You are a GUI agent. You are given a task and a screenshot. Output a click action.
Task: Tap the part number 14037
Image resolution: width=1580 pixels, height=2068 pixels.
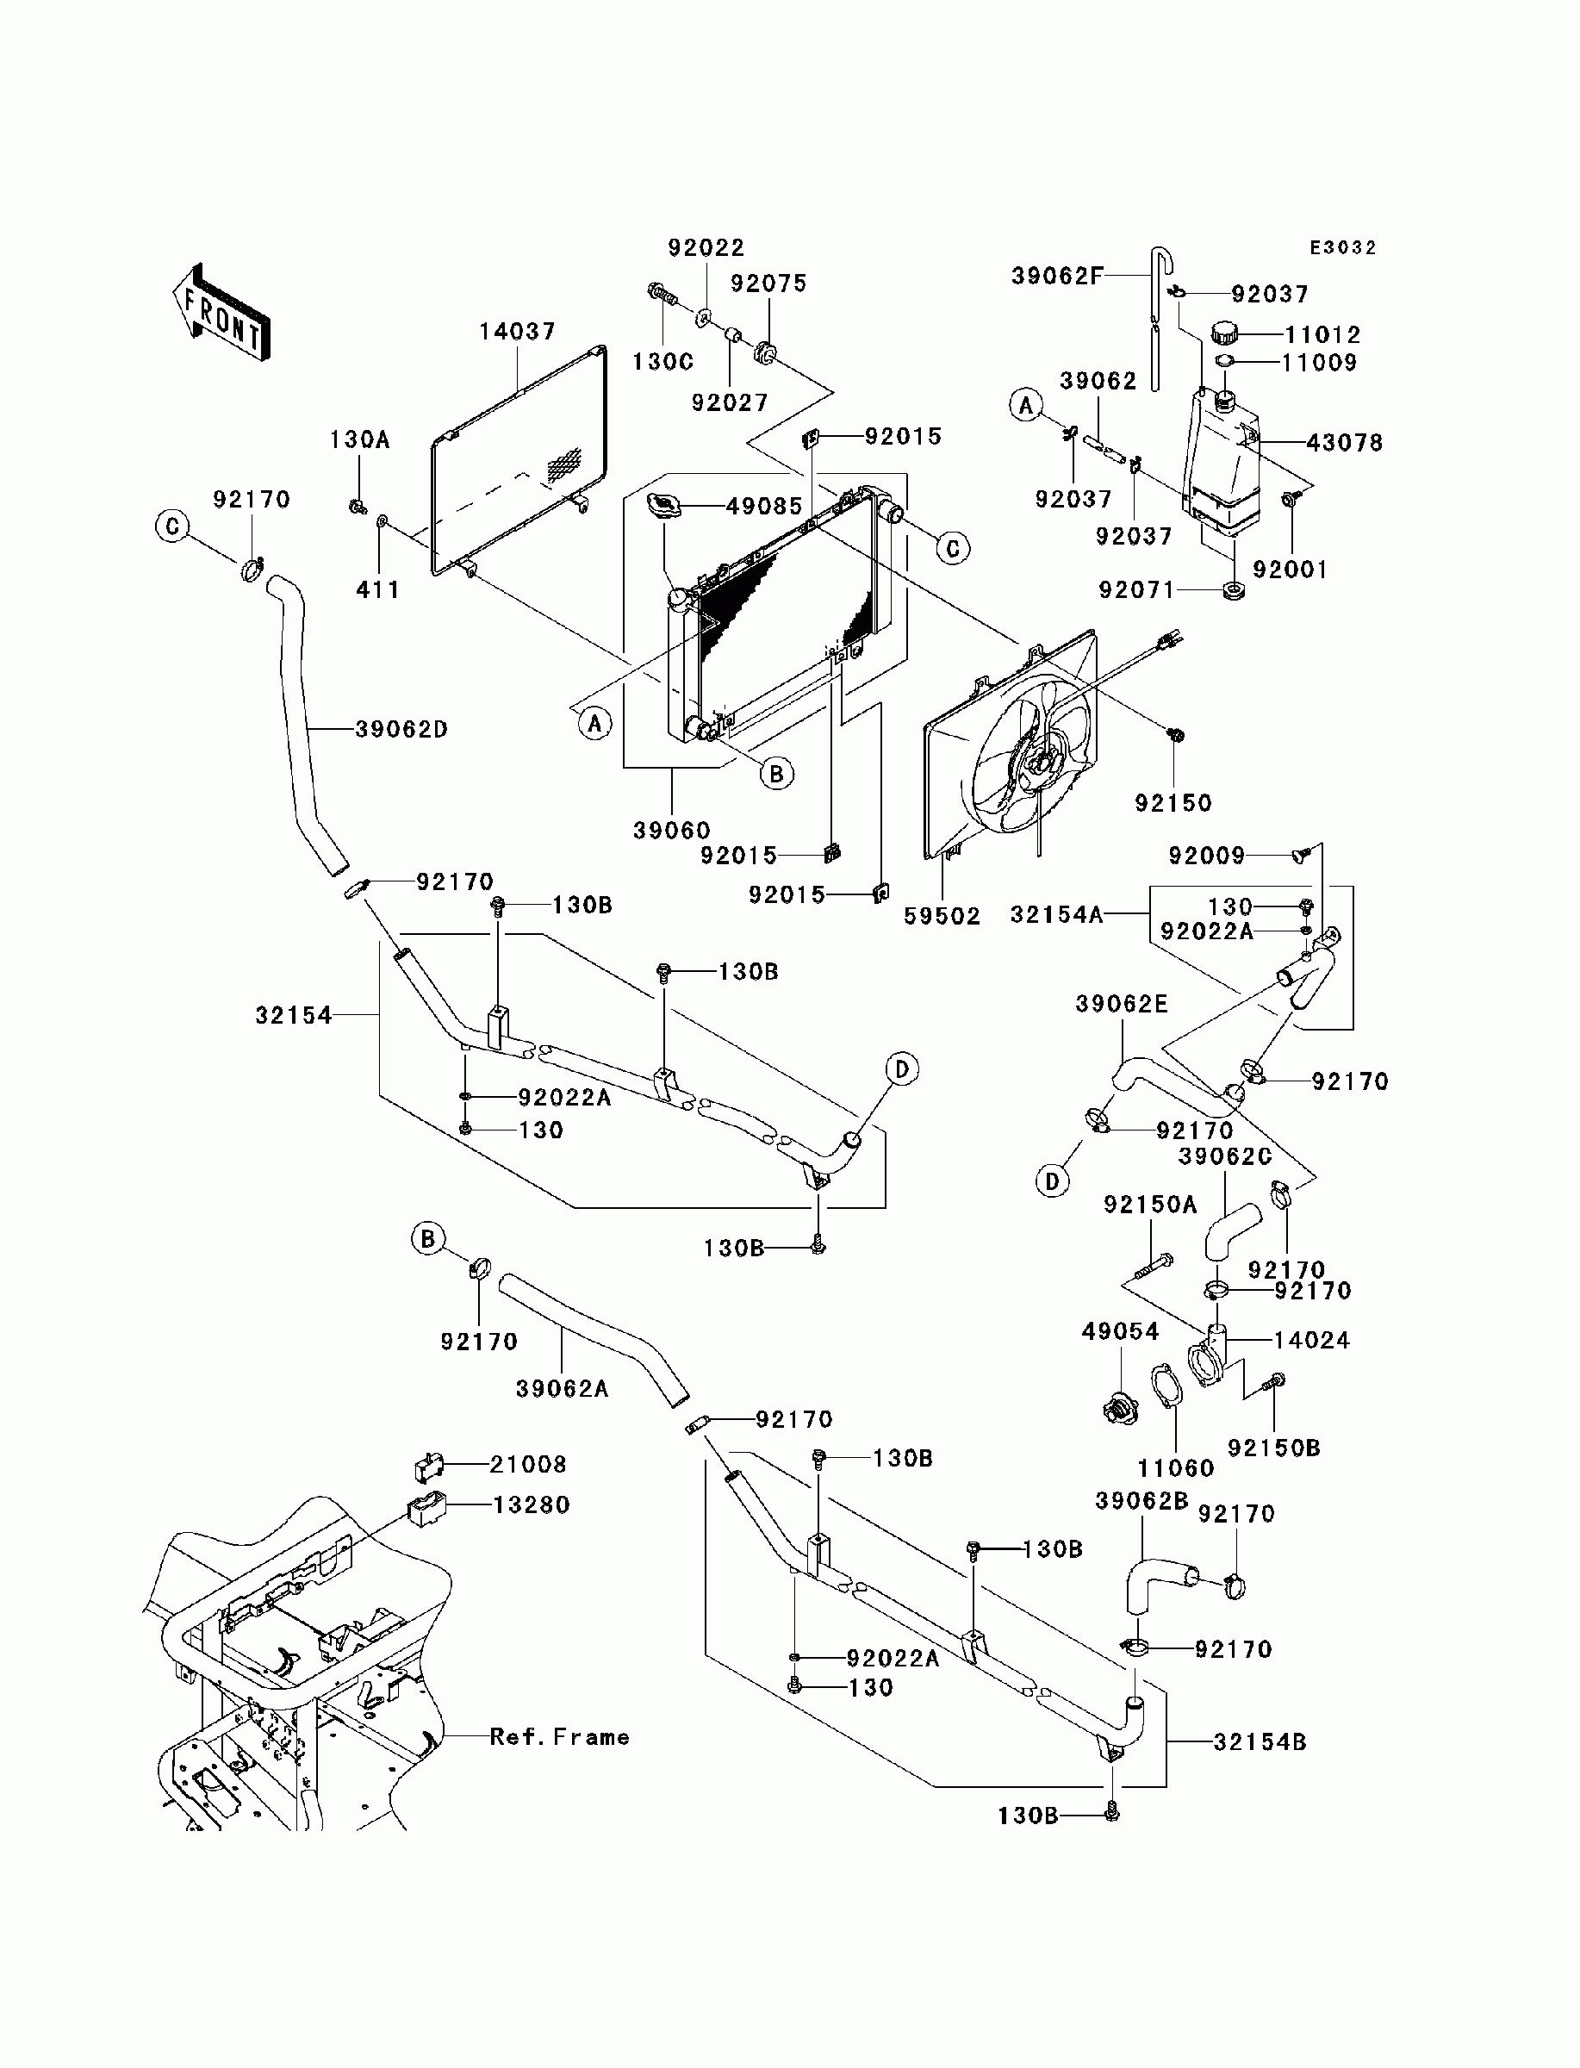click(x=517, y=332)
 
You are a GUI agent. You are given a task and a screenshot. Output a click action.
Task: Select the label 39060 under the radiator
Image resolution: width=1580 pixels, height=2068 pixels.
click(x=671, y=831)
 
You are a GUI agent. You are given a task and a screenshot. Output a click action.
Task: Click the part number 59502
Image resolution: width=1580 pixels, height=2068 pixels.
click(x=942, y=916)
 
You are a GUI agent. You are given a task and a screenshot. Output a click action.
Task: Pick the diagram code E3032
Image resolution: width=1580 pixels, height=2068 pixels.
click(x=1343, y=247)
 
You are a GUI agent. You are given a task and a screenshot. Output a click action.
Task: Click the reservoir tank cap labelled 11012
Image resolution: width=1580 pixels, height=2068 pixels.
click(x=1223, y=333)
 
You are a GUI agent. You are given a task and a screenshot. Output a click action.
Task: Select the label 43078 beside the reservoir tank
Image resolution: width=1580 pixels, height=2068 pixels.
click(x=1345, y=442)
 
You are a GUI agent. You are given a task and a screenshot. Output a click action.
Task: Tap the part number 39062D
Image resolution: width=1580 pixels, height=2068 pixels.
click(x=401, y=729)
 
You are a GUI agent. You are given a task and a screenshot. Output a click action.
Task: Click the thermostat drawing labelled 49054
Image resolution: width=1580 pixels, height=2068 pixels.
click(x=1120, y=1409)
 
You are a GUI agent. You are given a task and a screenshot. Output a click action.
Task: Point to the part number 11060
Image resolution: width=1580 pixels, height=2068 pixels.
click(x=1176, y=1468)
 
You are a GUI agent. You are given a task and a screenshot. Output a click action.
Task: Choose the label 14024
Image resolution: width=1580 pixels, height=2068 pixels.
click(x=1312, y=1340)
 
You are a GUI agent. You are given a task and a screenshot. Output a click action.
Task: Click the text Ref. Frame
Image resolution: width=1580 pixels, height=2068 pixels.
click(x=560, y=1737)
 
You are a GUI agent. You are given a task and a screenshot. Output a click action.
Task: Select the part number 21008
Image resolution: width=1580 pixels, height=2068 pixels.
click(x=529, y=1464)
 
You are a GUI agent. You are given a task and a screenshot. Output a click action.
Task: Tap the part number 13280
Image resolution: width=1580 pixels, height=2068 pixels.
click(x=532, y=1504)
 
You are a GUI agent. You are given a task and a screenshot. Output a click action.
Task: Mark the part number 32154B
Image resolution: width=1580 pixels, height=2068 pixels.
click(x=1260, y=1741)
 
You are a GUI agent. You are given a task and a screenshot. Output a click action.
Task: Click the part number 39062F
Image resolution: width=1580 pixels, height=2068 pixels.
click(x=1057, y=276)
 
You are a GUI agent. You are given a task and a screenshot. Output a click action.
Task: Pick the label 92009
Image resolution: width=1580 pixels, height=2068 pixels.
click(x=1208, y=855)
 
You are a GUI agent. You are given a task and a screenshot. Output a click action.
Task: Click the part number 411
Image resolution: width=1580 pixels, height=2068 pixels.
click(x=378, y=589)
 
